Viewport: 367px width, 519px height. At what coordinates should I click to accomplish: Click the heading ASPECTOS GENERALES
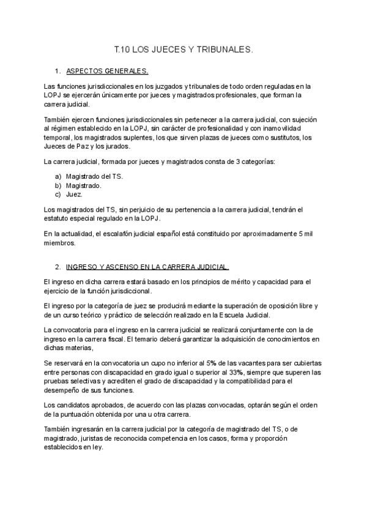pos(106,70)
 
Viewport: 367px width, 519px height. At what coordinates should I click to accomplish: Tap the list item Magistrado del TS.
pos(94,176)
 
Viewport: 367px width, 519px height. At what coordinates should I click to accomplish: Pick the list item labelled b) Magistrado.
pos(84,185)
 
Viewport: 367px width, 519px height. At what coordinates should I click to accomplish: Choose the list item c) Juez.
pos(74,194)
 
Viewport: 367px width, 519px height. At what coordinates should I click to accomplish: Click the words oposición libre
pos(279,305)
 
